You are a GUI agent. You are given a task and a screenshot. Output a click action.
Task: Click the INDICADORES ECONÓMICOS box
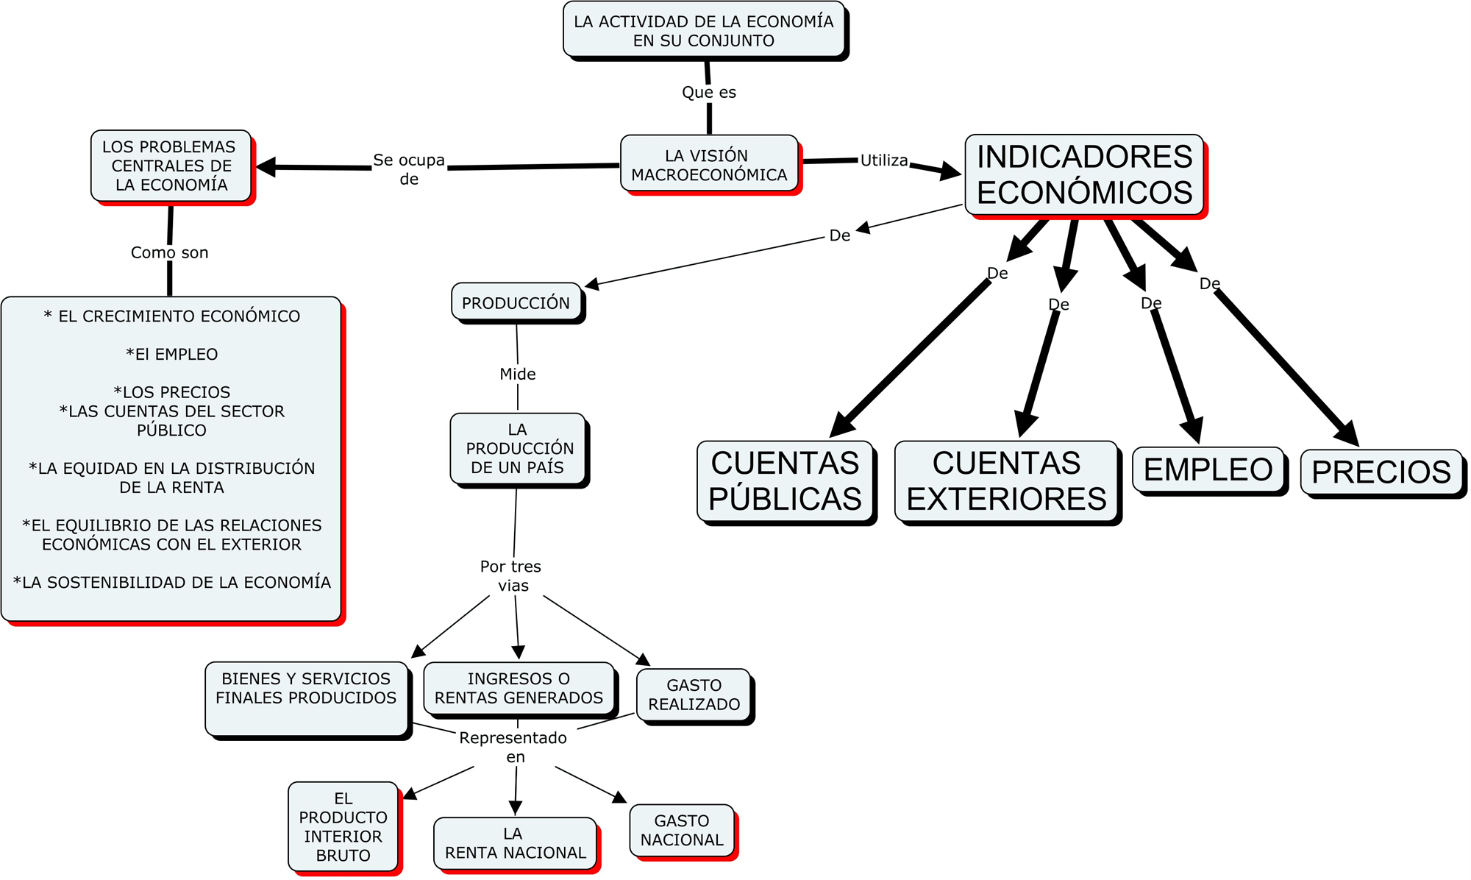(1084, 175)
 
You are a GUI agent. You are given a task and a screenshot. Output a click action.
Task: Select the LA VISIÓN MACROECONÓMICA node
(709, 164)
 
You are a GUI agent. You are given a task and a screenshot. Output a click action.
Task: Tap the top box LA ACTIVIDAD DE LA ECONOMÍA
(704, 31)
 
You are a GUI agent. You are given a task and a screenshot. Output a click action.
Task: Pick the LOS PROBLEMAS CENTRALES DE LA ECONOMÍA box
(171, 166)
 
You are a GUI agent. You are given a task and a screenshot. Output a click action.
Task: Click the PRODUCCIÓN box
(516, 302)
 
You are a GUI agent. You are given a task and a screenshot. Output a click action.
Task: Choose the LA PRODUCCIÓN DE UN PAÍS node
(518, 448)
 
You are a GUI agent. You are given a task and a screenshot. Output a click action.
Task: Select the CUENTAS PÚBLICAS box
(785, 481)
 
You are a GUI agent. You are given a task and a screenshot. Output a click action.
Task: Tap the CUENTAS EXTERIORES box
(1006, 481)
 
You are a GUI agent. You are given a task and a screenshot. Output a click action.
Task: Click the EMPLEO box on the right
(1208, 469)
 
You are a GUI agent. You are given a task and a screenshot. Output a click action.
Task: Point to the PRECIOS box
(1381, 472)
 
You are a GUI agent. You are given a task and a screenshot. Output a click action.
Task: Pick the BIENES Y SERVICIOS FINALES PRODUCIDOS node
(306, 697)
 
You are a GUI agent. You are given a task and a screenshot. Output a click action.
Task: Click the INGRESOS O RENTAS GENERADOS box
(519, 688)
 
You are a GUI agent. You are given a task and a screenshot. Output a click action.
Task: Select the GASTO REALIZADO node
(694, 695)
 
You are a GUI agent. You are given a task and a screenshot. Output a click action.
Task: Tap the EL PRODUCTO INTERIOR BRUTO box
(343, 826)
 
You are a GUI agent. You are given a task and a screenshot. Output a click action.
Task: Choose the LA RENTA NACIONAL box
(515, 843)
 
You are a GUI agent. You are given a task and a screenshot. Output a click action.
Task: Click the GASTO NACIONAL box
(682, 830)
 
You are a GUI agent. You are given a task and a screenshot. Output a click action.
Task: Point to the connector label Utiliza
(884, 160)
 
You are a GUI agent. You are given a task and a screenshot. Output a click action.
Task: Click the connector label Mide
(518, 374)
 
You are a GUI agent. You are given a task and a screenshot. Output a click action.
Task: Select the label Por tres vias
(511, 576)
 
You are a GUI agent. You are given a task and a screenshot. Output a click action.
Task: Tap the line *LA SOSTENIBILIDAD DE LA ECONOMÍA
(172, 583)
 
